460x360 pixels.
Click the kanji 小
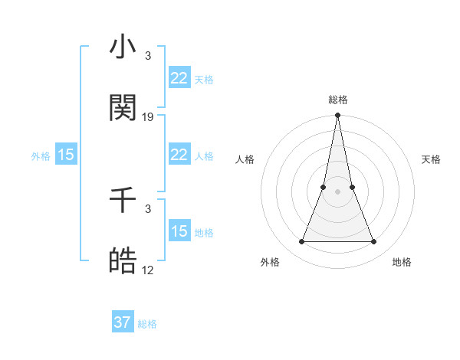pos(123,47)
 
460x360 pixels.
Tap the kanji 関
pos(123,109)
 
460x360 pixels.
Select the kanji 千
pos(123,201)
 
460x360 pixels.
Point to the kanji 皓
pos(123,262)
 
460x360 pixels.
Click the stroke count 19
pos(148,117)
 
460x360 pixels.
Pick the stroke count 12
pos(148,270)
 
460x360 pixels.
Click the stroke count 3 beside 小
pos(148,56)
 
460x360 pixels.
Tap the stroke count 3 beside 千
pos(148,209)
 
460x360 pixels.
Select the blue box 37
pos(123,322)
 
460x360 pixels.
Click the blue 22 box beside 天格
pos(179,78)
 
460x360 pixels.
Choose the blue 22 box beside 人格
pos(179,155)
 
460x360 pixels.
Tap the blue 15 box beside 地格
pos(179,231)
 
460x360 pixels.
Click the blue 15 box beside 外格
pos(66,155)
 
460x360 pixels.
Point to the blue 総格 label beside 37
pos(147,323)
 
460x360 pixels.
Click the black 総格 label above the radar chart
pos(337,100)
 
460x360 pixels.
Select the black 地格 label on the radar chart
pos(402,262)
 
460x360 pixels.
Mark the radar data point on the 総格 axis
pos(337,116)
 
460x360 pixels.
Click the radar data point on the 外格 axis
pos(301,242)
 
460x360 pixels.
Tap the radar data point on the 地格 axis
pos(374,242)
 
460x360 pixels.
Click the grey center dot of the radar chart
pos(337,191)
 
